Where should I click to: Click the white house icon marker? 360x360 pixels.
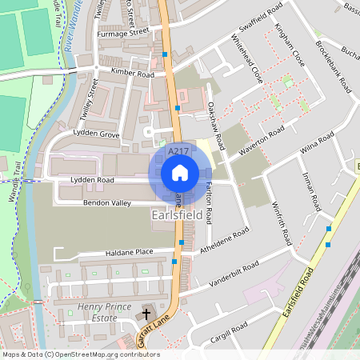click(x=180, y=173)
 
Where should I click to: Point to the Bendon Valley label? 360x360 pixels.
click(x=106, y=203)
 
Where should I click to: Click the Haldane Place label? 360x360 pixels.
click(x=129, y=252)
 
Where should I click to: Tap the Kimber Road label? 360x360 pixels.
click(x=133, y=74)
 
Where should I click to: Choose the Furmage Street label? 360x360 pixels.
click(x=122, y=33)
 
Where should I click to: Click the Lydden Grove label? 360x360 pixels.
click(x=96, y=134)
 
